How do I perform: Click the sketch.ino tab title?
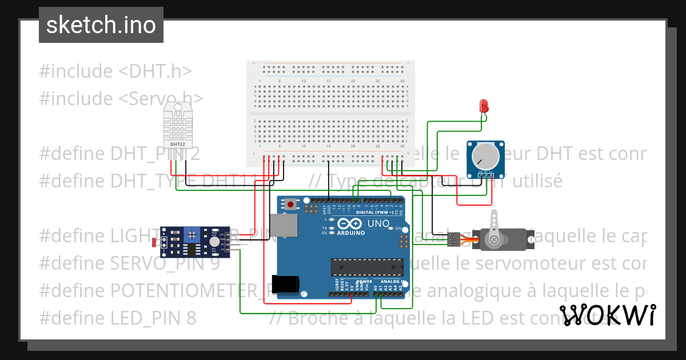point(101,25)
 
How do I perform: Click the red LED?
point(484,106)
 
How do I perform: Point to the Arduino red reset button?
point(291,204)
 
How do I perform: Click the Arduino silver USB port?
point(284,225)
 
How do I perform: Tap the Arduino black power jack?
point(286,284)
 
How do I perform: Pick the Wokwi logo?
point(607,315)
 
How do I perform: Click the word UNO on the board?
point(377,223)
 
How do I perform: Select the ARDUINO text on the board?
point(351,233)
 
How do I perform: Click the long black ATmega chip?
point(366,266)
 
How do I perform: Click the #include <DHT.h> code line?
point(115,71)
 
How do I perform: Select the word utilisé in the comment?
point(530,181)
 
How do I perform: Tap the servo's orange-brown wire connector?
point(453,239)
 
